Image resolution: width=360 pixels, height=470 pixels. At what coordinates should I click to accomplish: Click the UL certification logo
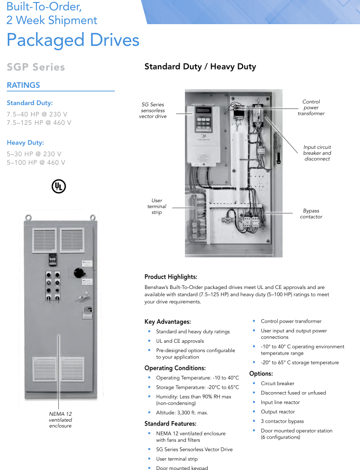pyautogui.click(x=59, y=186)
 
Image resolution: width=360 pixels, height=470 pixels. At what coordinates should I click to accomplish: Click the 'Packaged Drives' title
pyautogui.click(x=73, y=40)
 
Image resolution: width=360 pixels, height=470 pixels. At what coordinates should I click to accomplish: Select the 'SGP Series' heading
pyautogui.click(x=36, y=67)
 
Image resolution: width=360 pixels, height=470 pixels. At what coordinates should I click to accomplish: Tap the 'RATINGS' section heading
pyautogui.click(x=23, y=85)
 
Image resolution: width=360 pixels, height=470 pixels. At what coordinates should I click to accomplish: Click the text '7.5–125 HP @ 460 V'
pyautogui.click(x=38, y=123)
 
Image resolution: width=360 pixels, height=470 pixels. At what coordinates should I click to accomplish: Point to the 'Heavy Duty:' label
pyautogui.click(x=25, y=143)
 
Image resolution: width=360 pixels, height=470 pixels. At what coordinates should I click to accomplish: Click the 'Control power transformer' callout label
pyautogui.click(x=311, y=108)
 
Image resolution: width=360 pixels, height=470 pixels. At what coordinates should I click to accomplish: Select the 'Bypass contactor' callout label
pyautogui.click(x=311, y=214)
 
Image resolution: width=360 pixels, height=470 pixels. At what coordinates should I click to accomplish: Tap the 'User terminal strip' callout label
pyautogui.click(x=157, y=206)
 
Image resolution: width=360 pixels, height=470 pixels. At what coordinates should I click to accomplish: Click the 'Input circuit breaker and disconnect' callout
pyautogui.click(x=317, y=153)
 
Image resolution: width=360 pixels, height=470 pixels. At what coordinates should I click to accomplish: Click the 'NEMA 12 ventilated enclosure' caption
pyautogui.click(x=60, y=420)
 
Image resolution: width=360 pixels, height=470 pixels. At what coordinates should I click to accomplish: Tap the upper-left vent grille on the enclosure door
pyautogui.click(x=45, y=240)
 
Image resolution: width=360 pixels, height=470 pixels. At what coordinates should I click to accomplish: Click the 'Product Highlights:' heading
pyautogui.click(x=171, y=277)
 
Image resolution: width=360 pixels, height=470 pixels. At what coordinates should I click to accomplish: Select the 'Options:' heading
pyautogui.click(x=261, y=374)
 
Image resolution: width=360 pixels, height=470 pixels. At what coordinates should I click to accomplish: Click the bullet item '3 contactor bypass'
pyautogui.click(x=282, y=421)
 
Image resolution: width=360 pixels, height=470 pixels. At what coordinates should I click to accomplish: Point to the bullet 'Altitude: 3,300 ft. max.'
pyautogui.click(x=182, y=412)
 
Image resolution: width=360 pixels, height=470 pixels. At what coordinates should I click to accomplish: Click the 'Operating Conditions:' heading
pyautogui.click(x=175, y=368)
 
